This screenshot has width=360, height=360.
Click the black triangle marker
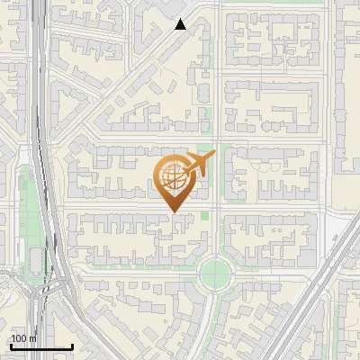point(181,24)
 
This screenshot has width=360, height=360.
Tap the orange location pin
point(175,180)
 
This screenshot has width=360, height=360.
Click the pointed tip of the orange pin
point(175,212)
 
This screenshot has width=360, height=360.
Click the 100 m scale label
point(23,338)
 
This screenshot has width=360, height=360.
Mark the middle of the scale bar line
point(41,346)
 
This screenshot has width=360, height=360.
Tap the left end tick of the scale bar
point(11,345)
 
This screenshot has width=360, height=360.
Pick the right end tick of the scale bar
point(72,345)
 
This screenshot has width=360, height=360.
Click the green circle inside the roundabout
point(216,270)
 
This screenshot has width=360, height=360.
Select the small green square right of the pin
point(206,215)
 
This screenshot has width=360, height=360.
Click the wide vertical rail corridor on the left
point(40,135)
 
